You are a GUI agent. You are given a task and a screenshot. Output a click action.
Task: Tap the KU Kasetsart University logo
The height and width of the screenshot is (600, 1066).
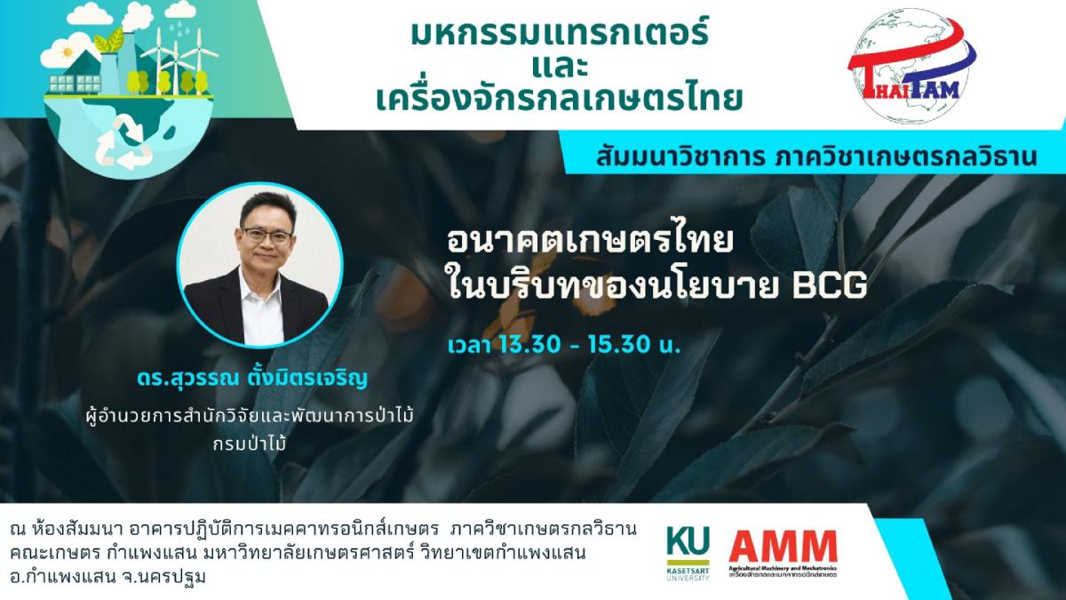click(x=688, y=553)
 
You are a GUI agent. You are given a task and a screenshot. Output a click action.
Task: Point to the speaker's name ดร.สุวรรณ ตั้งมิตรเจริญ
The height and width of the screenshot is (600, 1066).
click(x=252, y=380)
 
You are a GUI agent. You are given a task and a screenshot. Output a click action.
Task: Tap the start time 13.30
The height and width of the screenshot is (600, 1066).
click(x=529, y=345)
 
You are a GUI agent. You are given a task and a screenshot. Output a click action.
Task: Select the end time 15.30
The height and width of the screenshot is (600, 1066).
click(x=619, y=345)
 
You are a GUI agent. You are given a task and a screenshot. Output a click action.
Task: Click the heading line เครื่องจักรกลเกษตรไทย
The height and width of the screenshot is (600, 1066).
click(x=559, y=99)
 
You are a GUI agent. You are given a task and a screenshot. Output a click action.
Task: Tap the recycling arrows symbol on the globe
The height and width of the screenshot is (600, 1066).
click(x=124, y=141)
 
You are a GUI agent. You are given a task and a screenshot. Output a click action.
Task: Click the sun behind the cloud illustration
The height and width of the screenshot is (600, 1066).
click(x=67, y=52)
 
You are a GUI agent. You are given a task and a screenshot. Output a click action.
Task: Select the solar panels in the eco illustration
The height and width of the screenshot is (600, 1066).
click(x=75, y=84)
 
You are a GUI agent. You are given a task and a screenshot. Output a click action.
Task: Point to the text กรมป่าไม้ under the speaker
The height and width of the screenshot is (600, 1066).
click(x=251, y=444)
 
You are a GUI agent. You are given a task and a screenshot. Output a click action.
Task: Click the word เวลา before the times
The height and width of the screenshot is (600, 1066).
click(x=469, y=345)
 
